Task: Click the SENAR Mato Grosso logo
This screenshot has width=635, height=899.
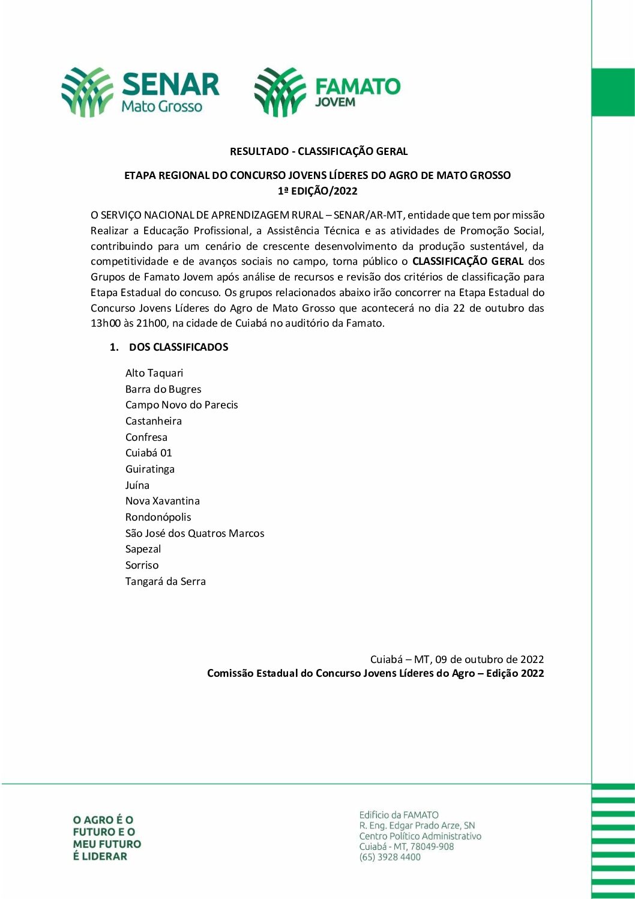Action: click(140, 92)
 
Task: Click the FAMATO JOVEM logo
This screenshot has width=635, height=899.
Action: click(327, 92)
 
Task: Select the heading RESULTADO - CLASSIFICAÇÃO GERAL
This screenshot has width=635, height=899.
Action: click(319, 151)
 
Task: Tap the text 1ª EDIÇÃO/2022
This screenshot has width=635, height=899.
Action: click(317, 192)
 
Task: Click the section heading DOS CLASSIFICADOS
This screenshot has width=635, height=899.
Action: click(178, 347)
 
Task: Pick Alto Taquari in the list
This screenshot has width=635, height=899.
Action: click(154, 373)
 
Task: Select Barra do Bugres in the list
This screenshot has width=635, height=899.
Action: click(163, 389)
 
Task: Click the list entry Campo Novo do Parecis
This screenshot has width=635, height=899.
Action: click(181, 405)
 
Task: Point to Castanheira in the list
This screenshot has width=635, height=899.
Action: click(153, 421)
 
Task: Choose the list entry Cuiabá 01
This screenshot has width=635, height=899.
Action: click(148, 453)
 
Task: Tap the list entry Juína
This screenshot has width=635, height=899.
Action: click(137, 485)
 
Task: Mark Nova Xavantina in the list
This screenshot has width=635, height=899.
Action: click(162, 501)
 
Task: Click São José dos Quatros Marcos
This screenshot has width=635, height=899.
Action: click(194, 533)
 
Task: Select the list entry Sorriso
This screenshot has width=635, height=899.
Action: click(142, 565)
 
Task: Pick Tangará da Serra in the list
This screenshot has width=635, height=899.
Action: click(165, 581)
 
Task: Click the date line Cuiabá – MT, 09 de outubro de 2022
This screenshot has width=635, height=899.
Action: click(457, 659)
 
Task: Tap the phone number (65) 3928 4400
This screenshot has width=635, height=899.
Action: click(390, 857)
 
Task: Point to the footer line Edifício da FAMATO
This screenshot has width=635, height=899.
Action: click(399, 815)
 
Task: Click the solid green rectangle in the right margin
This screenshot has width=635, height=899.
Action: click(613, 92)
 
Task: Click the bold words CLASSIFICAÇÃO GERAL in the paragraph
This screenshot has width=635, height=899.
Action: click(468, 261)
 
